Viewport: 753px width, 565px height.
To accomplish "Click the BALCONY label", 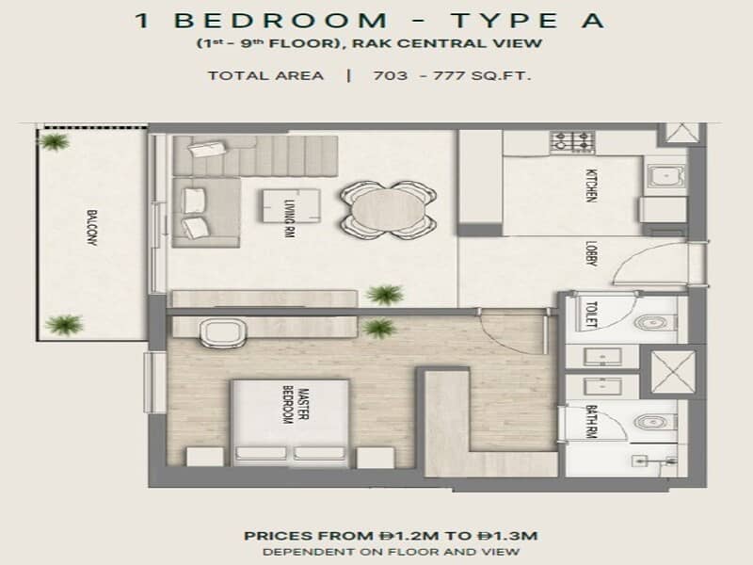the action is pyautogui.click(x=91, y=227).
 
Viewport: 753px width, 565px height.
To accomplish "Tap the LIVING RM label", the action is pyautogui.click(x=289, y=218).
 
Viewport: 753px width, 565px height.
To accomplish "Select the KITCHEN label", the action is pyautogui.click(x=592, y=185).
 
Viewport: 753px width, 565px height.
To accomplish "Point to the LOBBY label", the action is pyautogui.click(x=592, y=253).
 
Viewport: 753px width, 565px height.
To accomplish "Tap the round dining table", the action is pyautogui.click(x=388, y=210).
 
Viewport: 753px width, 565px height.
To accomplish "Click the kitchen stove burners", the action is pyautogui.click(x=572, y=142).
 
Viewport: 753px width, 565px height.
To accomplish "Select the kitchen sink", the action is pyautogui.click(x=665, y=176).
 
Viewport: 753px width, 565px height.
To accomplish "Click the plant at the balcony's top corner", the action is pyautogui.click(x=54, y=141).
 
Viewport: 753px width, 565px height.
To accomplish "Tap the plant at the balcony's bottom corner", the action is pyautogui.click(x=64, y=324).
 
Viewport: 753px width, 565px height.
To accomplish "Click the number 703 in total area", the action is pyautogui.click(x=391, y=76).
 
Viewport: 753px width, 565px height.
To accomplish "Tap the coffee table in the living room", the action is pyautogui.click(x=291, y=206).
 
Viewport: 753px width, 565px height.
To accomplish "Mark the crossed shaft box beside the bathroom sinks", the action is pyautogui.click(x=673, y=372).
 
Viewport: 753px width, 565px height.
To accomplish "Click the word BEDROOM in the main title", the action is pyautogui.click(x=280, y=21).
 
